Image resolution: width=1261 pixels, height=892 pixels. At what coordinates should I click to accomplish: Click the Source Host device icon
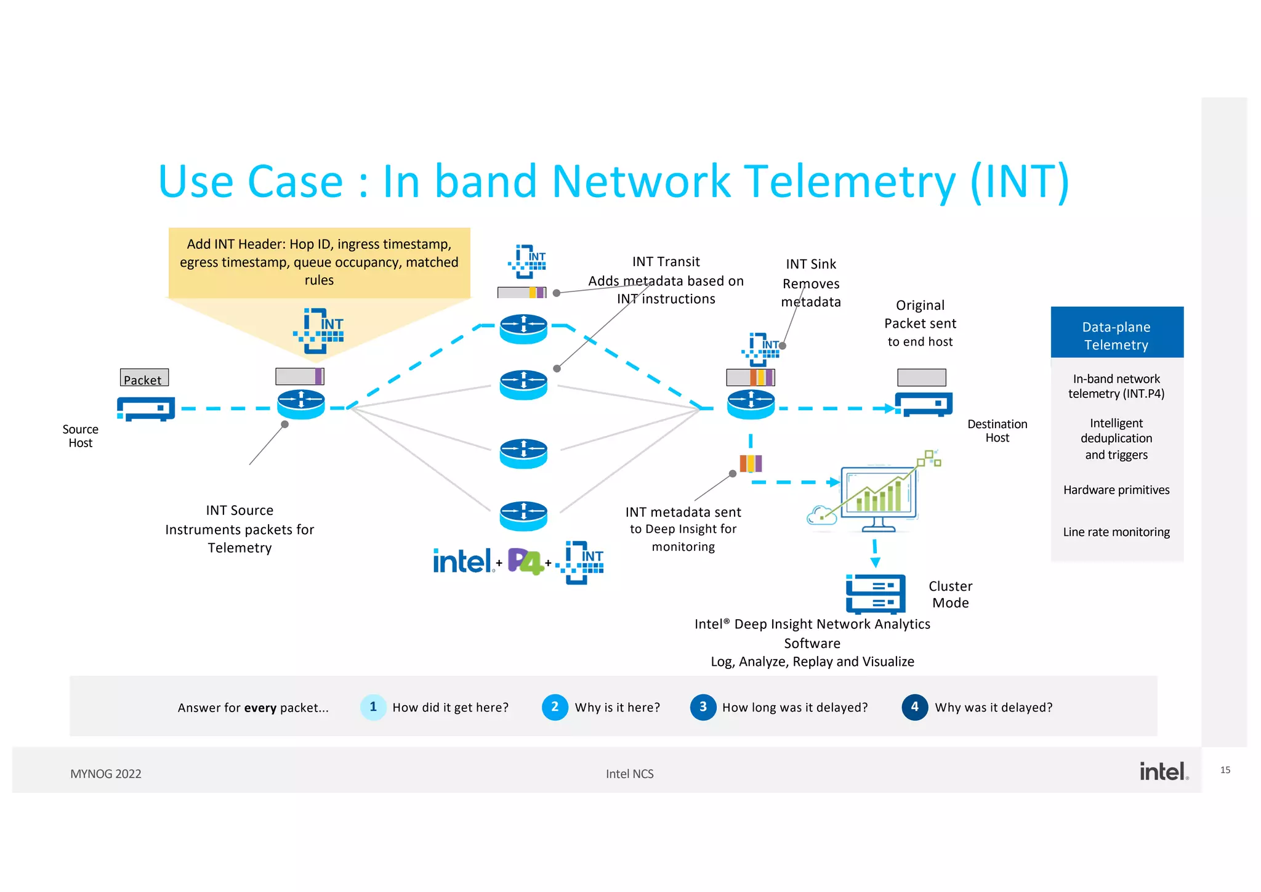point(146,408)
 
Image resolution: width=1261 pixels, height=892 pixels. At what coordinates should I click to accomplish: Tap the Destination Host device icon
point(924,404)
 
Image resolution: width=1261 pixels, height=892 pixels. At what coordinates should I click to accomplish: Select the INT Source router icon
point(300,404)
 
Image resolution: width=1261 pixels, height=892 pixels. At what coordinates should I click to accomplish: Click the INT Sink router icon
point(751,404)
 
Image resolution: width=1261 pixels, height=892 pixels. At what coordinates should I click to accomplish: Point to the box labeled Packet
point(144,378)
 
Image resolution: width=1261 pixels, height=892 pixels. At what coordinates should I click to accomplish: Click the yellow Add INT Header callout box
point(319,262)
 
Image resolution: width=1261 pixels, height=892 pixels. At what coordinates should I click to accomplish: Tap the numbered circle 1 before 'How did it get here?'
point(373,707)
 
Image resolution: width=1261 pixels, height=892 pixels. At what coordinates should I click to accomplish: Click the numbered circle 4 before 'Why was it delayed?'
point(914,707)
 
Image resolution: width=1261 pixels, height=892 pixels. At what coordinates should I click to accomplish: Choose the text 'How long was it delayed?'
point(794,707)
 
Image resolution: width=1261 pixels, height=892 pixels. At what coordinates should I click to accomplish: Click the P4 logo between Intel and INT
point(525,561)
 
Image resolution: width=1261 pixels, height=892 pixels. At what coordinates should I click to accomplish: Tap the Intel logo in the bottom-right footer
point(1162,771)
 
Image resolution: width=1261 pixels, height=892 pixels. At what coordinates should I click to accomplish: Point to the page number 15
point(1225,770)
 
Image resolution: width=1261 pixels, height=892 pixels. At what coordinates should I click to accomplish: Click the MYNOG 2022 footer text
point(106,774)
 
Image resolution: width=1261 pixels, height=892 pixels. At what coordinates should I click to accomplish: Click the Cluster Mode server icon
point(875,594)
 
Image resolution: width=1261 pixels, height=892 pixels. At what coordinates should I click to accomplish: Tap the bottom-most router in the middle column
point(523,516)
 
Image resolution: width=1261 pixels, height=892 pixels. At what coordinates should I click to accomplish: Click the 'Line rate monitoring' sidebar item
point(1116,532)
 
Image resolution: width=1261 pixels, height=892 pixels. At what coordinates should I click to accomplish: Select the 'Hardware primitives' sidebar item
point(1116,490)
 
